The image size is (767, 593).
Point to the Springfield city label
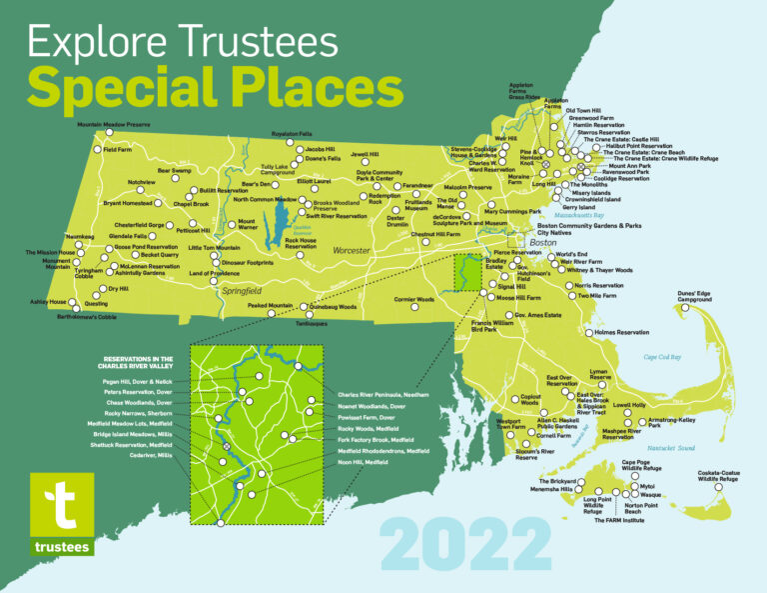[x=241, y=291]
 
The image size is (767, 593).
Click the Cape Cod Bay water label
[x=662, y=357]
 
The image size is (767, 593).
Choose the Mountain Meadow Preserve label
[x=113, y=125]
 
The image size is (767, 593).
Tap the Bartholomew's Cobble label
[x=66, y=317]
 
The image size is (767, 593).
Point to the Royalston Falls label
[x=292, y=133]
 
